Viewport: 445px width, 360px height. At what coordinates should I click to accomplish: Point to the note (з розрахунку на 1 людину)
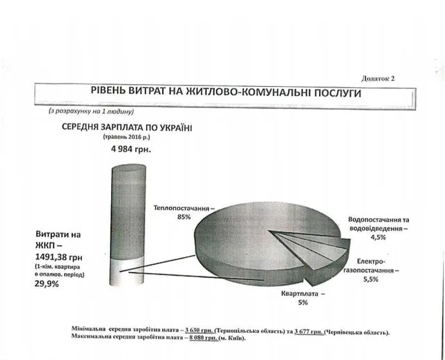[91, 111]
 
